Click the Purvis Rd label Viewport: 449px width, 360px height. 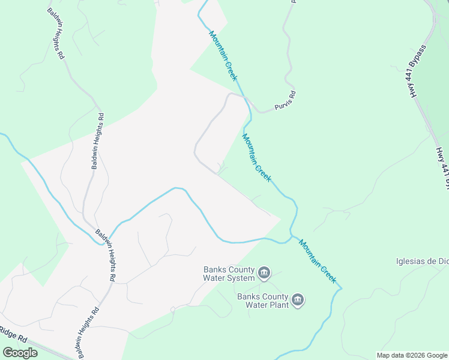[x=286, y=101]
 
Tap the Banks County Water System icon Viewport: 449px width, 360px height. [x=264, y=274]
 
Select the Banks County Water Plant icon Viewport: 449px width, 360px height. [x=298, y=300]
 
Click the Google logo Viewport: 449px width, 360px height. [x=20, y=353]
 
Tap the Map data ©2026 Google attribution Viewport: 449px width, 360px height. [x=412, y=355]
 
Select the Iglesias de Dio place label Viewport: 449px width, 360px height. [x=422, y=261]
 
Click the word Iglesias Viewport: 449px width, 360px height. [x=411, y=261]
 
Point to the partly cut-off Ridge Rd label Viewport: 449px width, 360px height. [x=13, y=334]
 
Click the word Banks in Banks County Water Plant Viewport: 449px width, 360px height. [x=249, y=296]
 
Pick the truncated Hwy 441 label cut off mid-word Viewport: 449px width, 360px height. [x=442, y=167]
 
